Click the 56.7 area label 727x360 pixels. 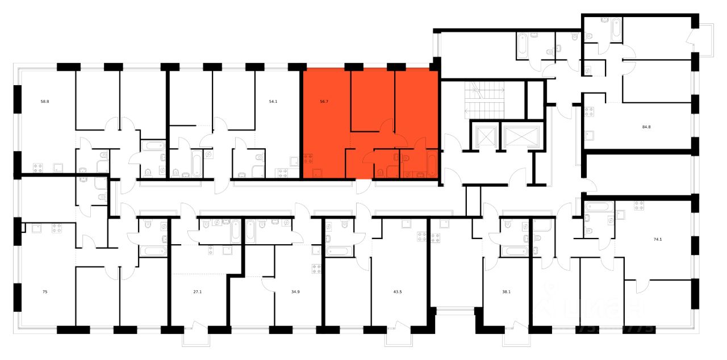pyautogui.click(x=324, y=102)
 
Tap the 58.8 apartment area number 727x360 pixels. pyautogui.click(x=44, y=102)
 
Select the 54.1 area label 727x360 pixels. pyautogui.click(x=273, y=102)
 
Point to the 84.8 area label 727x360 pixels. pyautogui.click(x=646, y=127)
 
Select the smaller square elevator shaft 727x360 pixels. pyautogui.click(x=486, y=135)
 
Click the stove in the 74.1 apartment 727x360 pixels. pyautogui.click(x=638, y=206)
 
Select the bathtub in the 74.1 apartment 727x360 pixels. pyautogui.click(x=597, y=206)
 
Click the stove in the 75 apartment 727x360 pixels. pyautogui.click(x=56, y=229)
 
